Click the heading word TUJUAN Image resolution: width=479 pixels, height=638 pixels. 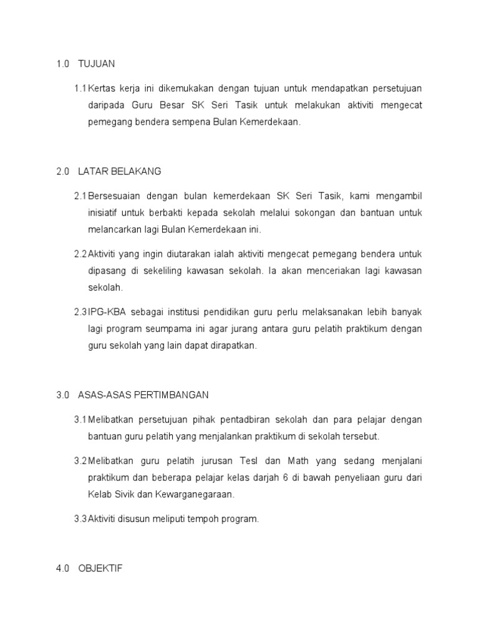point(97,64)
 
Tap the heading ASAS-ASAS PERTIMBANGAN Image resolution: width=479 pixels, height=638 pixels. point(143,395)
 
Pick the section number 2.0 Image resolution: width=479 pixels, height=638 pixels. point(62,171)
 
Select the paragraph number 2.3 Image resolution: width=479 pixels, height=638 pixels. point(80,312)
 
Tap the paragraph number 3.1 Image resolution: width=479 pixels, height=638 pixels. point(80,419)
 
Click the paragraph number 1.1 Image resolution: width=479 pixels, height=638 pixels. point(80,88)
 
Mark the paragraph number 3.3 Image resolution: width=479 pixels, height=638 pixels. point(80,519)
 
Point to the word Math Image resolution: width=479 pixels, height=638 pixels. point(298,461)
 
